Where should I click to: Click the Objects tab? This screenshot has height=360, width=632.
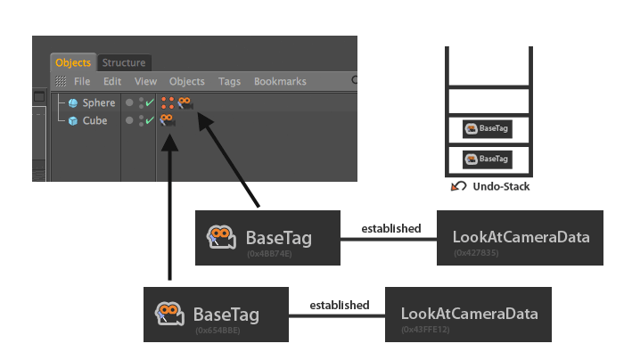click(73, 62)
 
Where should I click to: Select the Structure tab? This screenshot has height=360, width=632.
click(124, 62)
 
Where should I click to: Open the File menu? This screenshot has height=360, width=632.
click(82, 81)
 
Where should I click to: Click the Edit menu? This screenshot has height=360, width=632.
click(111, 81)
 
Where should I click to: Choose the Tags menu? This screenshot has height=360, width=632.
click(229, 81)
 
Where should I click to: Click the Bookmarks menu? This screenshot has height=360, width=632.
click(280, 81)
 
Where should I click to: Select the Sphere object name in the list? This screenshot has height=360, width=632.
click(99, 103)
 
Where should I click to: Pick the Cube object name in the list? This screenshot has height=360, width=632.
click(95, 120)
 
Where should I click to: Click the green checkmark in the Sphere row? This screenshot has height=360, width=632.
click(150, 103)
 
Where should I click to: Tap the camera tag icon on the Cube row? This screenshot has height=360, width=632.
click(168, 120)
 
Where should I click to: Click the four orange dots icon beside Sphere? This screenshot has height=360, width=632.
click(168, 103)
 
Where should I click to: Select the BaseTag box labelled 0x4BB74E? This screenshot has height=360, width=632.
click(268, 238)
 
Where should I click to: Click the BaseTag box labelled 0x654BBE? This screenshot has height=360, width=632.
click(217, 315)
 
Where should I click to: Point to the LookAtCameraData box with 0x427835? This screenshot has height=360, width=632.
click(520, 238)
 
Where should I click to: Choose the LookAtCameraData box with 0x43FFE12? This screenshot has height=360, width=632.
click(468, 315)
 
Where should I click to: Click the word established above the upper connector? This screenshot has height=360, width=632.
click(390, 229)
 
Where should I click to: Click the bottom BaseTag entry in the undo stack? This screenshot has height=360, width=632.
click(488, 159)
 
